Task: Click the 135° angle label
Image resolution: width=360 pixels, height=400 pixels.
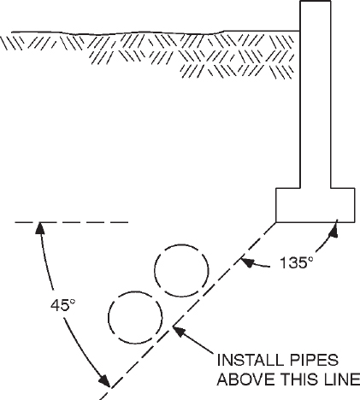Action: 297,262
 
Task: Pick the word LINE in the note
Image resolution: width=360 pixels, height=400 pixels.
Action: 338,379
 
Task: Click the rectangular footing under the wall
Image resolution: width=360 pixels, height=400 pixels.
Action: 315,203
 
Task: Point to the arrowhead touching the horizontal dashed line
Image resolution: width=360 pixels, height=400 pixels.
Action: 38,226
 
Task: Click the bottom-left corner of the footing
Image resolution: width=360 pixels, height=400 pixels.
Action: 276,221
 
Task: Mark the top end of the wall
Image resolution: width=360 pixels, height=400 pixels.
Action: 314,3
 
